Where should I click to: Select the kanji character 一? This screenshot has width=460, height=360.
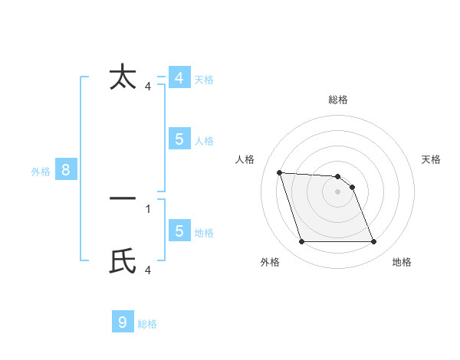pyautogui.click(x=123, y=198)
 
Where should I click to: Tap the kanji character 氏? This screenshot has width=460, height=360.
pyautogui.click(x=123, y=261)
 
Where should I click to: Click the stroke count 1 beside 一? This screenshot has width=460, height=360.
pyautogui.click(x=148, y=208)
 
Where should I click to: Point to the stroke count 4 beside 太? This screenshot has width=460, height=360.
pyautogui.click(x=148, y=87)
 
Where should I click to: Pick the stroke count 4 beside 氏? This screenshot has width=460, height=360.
pyautogui.click(x=148, y=270)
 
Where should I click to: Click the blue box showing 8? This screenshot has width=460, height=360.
pyautogui.click(x=66, y=170)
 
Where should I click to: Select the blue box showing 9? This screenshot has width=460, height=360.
pyautogui.click(x=123, y=322)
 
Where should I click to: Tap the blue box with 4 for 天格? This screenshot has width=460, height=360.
pyautogui.click(x=179, y=78)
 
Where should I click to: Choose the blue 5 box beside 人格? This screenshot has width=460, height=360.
pyautogui.click(x=179, y=139)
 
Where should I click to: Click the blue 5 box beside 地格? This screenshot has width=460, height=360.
pyautogui.click(x=179, y=231)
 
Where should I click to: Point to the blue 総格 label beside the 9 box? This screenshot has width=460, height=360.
pyautogui.click(x=147, y=324)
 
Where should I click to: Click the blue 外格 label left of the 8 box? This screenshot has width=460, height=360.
pyautogui.click(x=41, y=172)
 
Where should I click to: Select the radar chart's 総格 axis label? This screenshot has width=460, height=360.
pyautogui.click(x=338, y=100)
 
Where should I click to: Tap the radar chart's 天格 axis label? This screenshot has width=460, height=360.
pyautogui.click(x=432, y=159)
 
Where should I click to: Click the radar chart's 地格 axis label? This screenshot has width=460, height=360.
pyautogui.click(x=402, y=262)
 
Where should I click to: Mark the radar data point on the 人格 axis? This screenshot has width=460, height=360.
pyautogui.click(x=279, y=172)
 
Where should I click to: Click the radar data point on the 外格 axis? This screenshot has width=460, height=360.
pyautogui.click(x=301, y=242)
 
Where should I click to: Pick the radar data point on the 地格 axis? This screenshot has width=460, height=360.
pyautogui.click(x=374, y=242)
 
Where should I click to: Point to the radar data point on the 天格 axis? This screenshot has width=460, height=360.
pyautogui.click(x=352, y=187)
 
